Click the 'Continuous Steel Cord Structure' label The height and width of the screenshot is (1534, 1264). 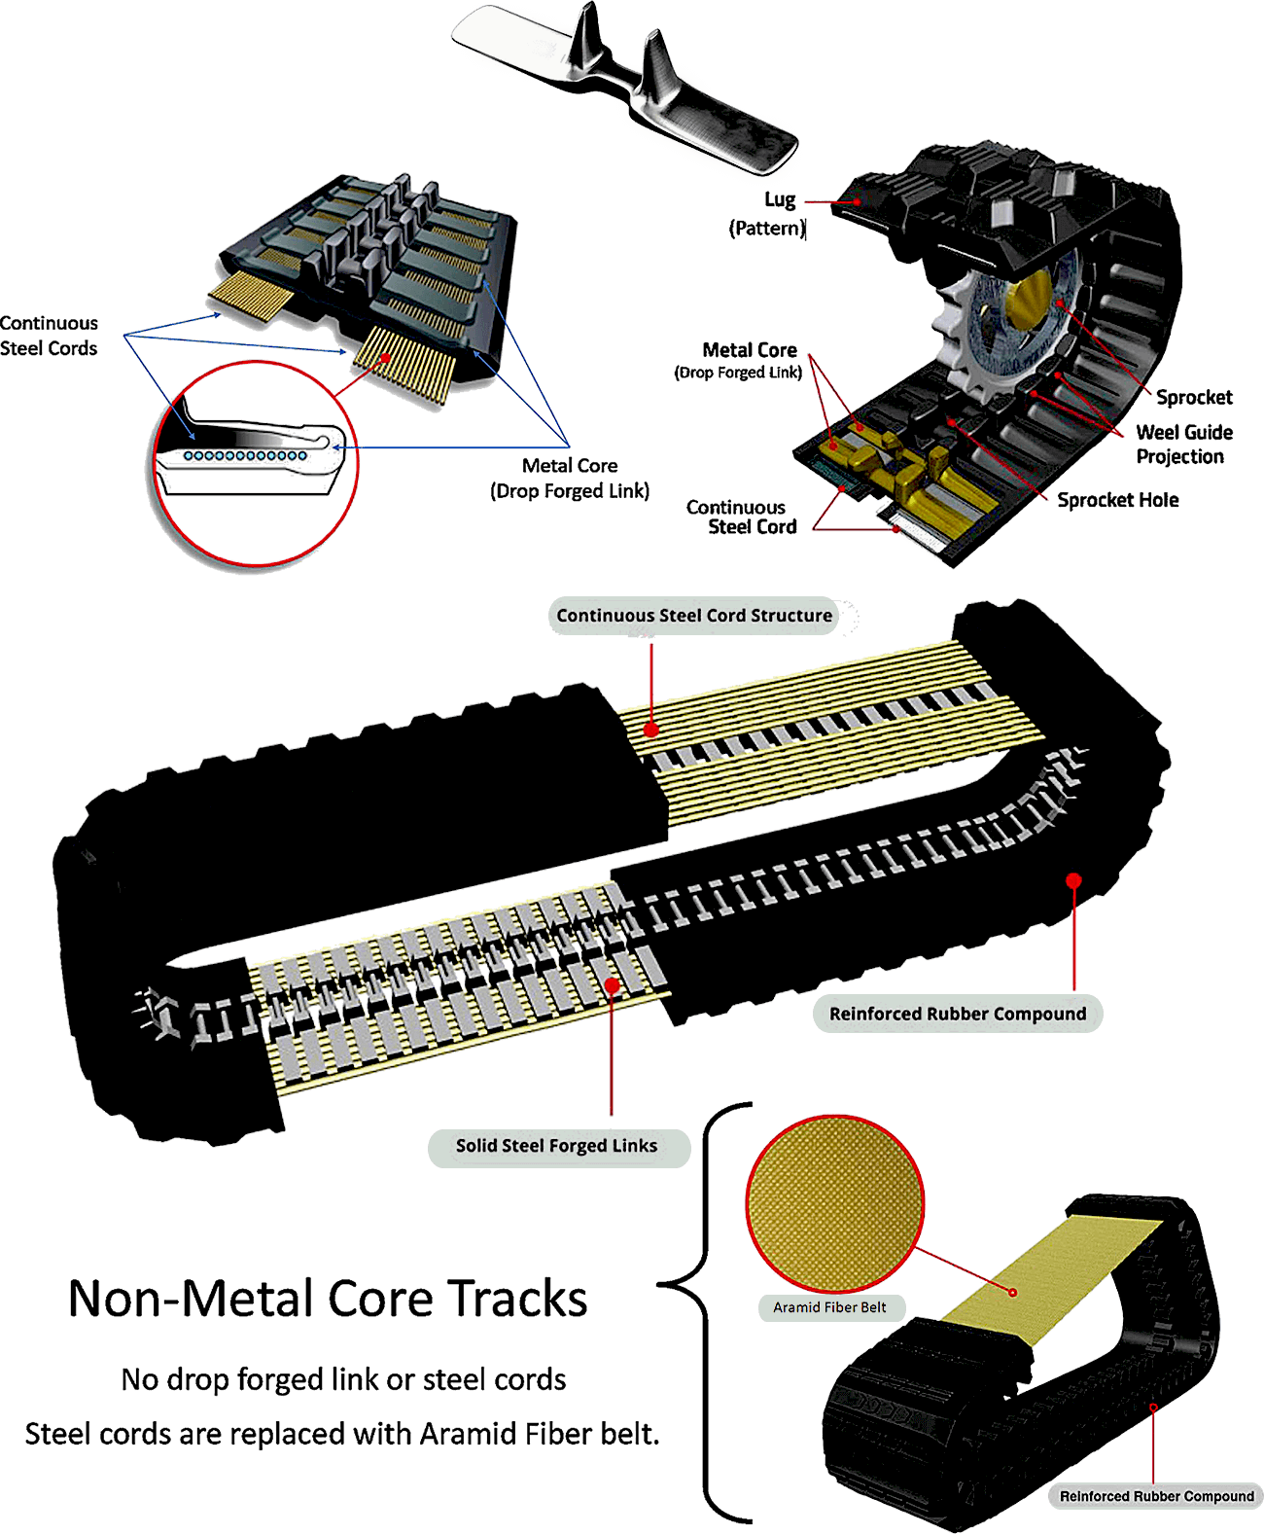694,615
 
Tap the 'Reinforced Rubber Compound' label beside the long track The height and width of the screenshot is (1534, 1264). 958,1014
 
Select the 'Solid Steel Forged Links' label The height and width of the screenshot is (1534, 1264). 557,1145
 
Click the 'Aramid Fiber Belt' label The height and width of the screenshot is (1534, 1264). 830,1307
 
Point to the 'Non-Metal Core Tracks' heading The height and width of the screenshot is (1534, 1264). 328,1299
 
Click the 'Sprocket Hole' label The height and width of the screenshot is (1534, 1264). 1118,500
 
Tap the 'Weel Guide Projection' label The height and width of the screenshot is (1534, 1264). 1184,444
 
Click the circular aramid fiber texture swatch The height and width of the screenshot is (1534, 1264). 835,1203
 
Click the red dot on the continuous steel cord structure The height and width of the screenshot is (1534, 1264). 650,730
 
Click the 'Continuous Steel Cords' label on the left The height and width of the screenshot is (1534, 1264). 49,335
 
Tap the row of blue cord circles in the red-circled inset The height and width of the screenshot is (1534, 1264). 245,455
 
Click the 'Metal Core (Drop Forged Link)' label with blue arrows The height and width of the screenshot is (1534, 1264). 570,478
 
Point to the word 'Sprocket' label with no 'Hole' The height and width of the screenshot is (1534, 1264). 1194,397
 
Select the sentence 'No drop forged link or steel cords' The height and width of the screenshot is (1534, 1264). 344,1379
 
